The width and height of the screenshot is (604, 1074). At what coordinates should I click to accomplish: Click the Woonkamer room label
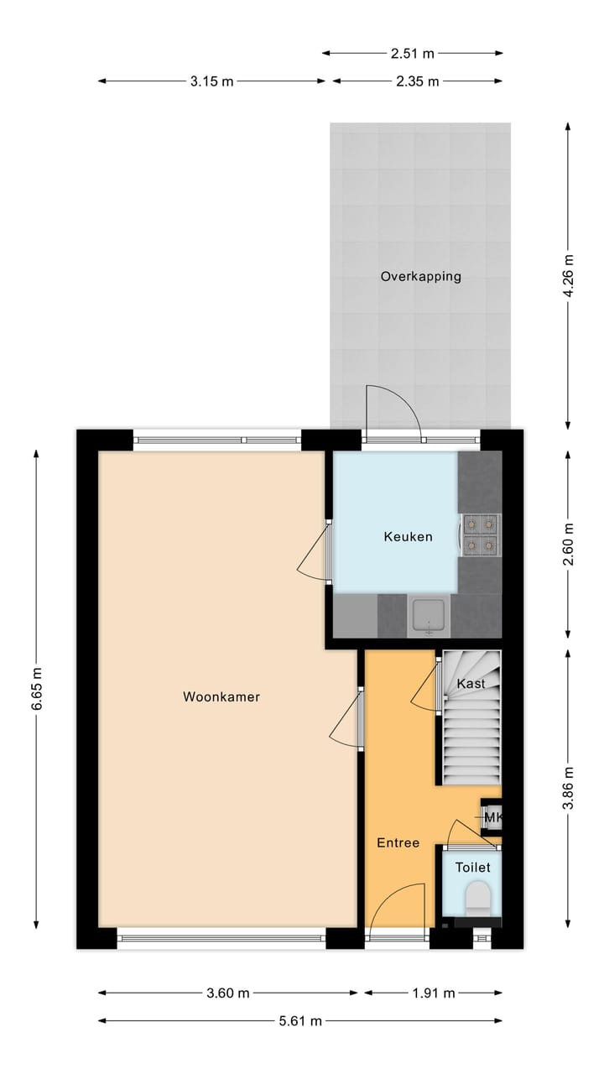(x=221, y=696)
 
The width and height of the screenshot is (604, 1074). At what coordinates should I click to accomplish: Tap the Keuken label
(x=408, y=537)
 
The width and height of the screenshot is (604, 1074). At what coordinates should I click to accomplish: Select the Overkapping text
(x=420, y=276)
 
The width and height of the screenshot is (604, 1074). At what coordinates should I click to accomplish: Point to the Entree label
(x=398, y=843)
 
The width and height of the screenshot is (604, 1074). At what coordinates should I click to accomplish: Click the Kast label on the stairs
(x=471, y=684)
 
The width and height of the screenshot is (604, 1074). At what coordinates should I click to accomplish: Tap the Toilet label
(x=472, y=868)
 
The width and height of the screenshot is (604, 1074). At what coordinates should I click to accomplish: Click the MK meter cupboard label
(x=492, y=817)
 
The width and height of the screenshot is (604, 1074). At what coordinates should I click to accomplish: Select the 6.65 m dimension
(x=36, y=689)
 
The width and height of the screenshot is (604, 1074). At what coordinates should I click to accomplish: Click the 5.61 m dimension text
(x=299, y=1021)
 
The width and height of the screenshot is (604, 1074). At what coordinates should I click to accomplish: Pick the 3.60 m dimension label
(x=228, y=993)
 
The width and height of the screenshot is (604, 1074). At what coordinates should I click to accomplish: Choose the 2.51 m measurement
(x=413, y=54)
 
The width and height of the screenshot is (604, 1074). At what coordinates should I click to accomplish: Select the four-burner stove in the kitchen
(x=482, y=534)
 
